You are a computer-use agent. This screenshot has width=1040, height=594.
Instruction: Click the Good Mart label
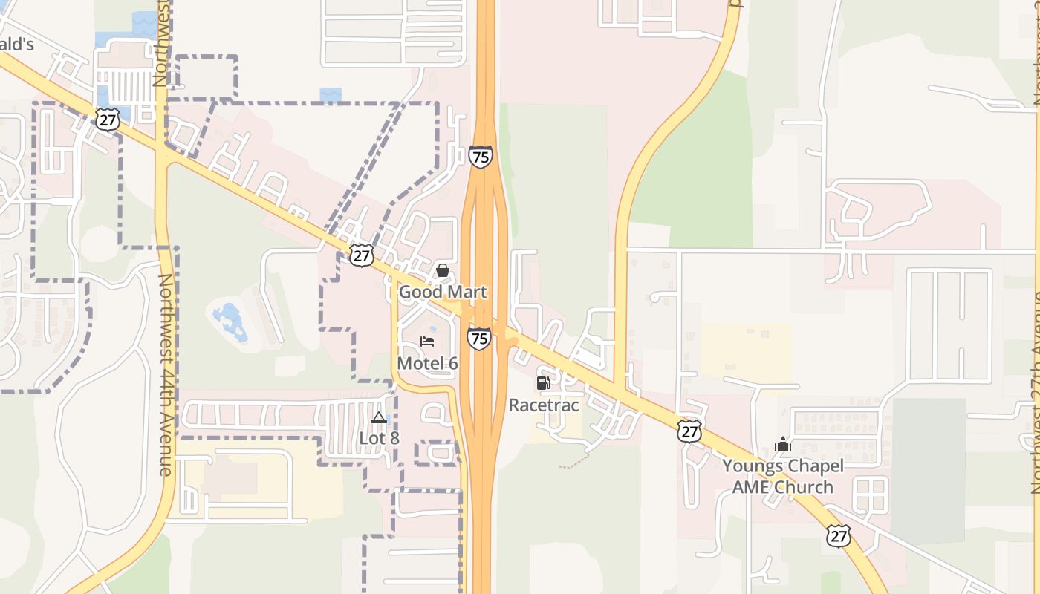click(443, 292)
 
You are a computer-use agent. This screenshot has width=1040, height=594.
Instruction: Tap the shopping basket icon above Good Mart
click(443, 270)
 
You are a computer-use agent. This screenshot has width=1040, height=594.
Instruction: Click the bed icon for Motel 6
click(427, 342)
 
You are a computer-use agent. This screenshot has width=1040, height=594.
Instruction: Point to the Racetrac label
click(544, 405)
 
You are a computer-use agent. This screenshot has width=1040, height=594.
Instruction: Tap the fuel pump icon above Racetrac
click(544, 383)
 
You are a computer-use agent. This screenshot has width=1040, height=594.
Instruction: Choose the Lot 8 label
click(379, 438)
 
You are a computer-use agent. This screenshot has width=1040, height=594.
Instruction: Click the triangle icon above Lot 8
click(379, 417)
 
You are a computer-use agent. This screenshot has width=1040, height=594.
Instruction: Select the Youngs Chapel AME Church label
click(783, 477)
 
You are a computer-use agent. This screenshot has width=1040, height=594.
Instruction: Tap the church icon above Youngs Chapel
click(783, 444)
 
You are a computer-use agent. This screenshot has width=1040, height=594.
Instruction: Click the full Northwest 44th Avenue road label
click(166, 375)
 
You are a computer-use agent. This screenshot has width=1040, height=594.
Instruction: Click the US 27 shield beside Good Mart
click(362, 256)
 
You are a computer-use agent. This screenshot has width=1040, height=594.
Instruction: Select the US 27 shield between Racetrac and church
click(689, 431)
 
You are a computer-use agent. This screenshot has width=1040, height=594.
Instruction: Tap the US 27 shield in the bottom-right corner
click(839, 535)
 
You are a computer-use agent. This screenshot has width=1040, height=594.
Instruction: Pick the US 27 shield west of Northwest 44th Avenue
click(108, 120)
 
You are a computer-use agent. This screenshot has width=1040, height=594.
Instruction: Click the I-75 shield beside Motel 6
click(479, 339)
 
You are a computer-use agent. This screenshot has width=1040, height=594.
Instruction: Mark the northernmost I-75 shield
click(481, 157)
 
